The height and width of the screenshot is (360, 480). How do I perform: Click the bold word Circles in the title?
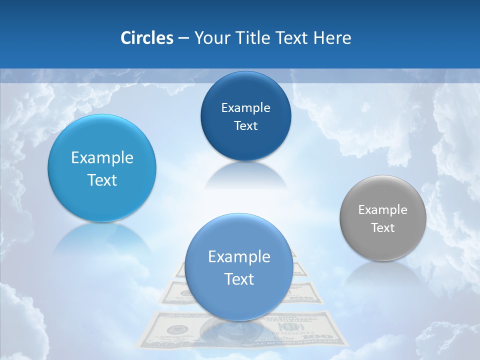coord(147,38)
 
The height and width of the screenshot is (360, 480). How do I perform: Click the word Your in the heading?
coord(211,38)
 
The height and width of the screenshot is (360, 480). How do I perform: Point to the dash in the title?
coord(183,38)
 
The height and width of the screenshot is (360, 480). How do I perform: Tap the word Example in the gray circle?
coord(383,210)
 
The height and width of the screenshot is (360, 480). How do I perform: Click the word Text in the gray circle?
coord(383,228)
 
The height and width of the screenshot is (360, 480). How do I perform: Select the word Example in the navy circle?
coord(245,108)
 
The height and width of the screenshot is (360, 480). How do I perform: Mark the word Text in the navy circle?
coord(245,126)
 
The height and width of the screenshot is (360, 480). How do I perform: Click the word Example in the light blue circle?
coord(102,158)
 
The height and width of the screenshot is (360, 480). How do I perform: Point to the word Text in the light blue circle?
coord(102,180)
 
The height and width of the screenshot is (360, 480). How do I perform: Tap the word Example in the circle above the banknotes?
coord(239,257)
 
